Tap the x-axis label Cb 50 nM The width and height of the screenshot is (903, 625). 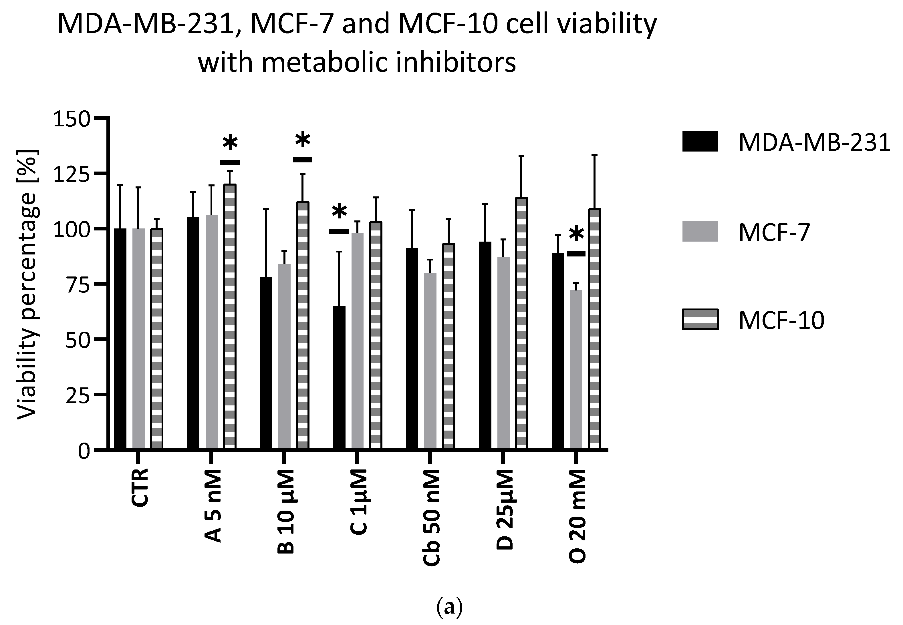point(431,517)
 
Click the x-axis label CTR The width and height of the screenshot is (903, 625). point(140,487)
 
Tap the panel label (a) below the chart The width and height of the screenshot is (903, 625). point(449,607)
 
